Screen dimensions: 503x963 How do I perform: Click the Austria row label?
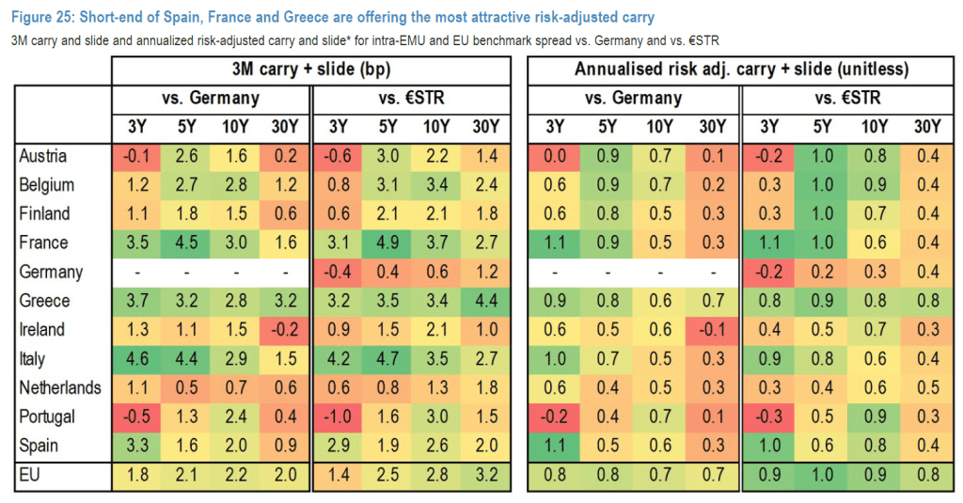click(x=43, y=156)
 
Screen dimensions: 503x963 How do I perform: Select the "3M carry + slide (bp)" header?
click(x=310, y=70)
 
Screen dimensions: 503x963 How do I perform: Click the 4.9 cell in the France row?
click(x=387, y=243)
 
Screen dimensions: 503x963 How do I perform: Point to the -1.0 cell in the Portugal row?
click(x=337, y=417)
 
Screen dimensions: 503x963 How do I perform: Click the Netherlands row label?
click(x=60, y=387)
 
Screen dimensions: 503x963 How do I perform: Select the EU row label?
click(x=30, y=475)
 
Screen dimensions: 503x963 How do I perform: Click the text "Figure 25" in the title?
click(x=45, y=17)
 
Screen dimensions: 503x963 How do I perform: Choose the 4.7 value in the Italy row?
click(x=387, y=359)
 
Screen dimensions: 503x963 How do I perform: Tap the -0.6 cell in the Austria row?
click(x=337, y=156)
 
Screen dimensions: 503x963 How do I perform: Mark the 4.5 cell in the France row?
click(x=186, y=243)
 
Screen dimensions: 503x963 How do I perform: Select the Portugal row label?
click(x=47, y=417)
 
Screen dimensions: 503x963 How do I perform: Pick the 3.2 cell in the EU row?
click(x=485, y=475)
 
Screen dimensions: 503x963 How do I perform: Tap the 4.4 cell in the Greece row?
click(x=485, y=301)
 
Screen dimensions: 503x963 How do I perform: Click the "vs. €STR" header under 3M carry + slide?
click(x=411, y=99)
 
